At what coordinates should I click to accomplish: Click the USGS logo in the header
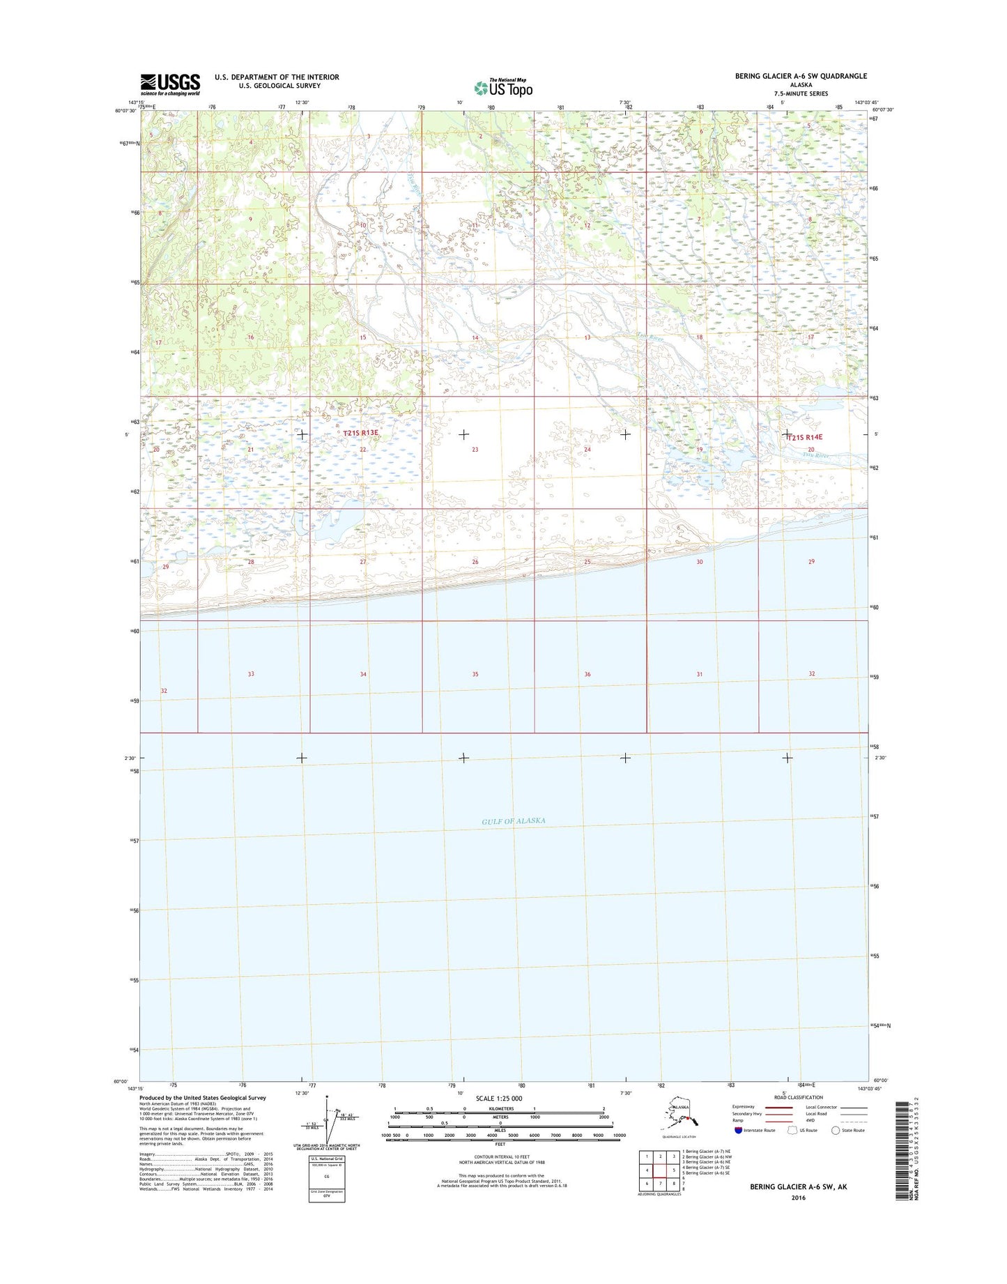click(x=170, y=84)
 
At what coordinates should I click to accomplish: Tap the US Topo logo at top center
click(x=503, y=87)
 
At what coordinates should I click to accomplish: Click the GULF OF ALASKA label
click(x=513, y=821)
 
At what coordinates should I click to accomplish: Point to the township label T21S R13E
click(x=360, y=433)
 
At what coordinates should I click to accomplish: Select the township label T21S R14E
click(x=805, y=437)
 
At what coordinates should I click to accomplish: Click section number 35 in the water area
click(x=475, y=674)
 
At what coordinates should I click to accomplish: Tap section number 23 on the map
click(x=475, y=450)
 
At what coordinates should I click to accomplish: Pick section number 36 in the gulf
click(x=587, y=674)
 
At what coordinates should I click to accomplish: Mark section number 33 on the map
click(x=251, y=674)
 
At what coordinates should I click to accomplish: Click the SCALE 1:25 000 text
click(x=500, y=1099)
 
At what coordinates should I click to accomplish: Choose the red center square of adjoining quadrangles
click(x=660, y=1170)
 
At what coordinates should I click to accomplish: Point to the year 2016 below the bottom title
click(x=798, y=1198)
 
